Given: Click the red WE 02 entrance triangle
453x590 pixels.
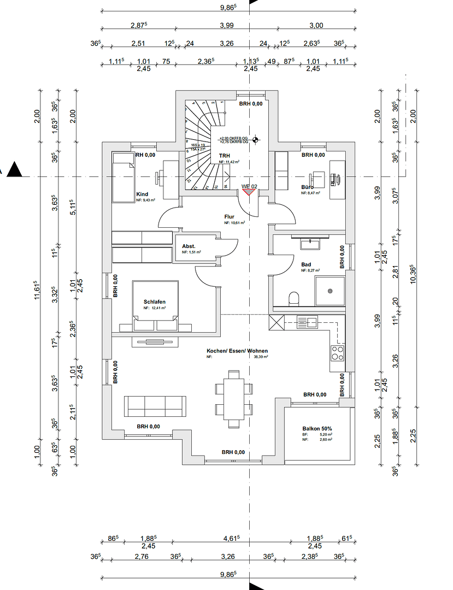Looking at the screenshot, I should [x=249, y=191].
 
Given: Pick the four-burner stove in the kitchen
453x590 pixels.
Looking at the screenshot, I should [x=337, y=352].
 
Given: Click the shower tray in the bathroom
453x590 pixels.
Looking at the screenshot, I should [x=330, y=291].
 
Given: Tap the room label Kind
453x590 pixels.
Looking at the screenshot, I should [x=142, y=194].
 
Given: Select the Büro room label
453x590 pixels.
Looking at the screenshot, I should [x=307, y=187].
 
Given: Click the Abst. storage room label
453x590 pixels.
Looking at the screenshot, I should [x=189, y=246].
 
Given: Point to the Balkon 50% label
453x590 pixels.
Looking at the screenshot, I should [x=317, y=429].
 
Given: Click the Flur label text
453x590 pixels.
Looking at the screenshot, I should [x=229, y=217].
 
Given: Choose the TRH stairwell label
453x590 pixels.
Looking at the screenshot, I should [x=224, y=156].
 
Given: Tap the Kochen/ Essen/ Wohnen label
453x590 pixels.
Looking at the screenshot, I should [x=237, y=351].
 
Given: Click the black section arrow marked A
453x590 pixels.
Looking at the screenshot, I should [x=15, y=170].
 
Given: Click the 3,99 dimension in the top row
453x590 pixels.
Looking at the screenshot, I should [x=226, y=25].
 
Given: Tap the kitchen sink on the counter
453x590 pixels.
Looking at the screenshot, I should [x=307, y=321].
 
